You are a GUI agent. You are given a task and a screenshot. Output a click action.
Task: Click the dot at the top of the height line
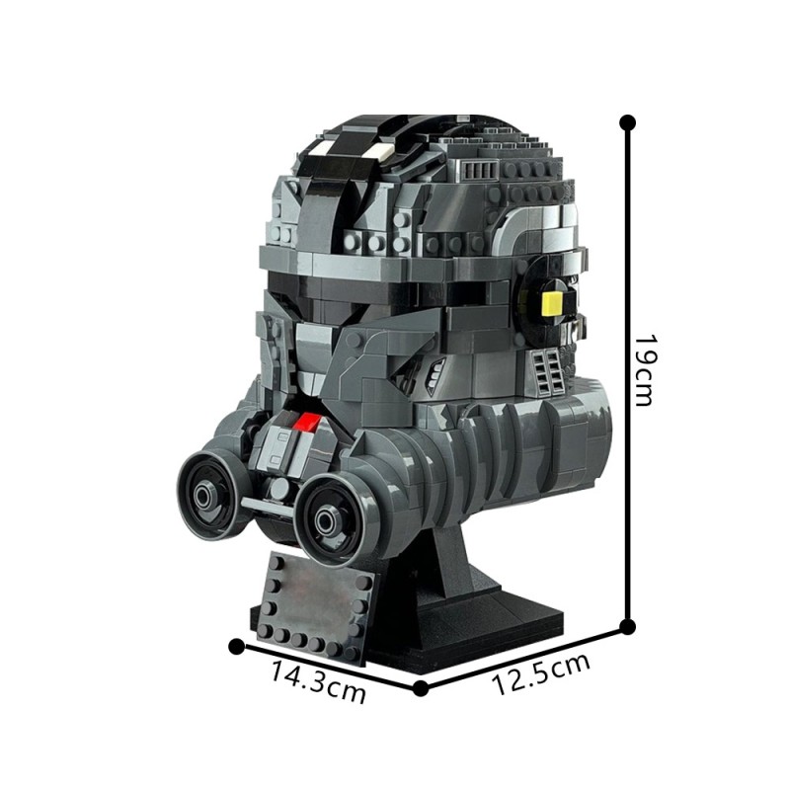pyautogui.click(x=626, y=122)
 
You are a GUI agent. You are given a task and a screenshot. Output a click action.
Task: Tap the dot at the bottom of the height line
pyautogui.click(x=626, y=625)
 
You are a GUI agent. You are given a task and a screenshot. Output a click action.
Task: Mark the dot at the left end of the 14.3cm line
pyautogui.click(x=236, y=646)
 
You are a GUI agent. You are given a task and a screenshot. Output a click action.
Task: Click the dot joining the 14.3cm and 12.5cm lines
pyautogui.click(x=422, y=687)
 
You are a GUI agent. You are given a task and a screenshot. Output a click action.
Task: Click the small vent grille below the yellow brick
pyautogui.click(x=549, y=370)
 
